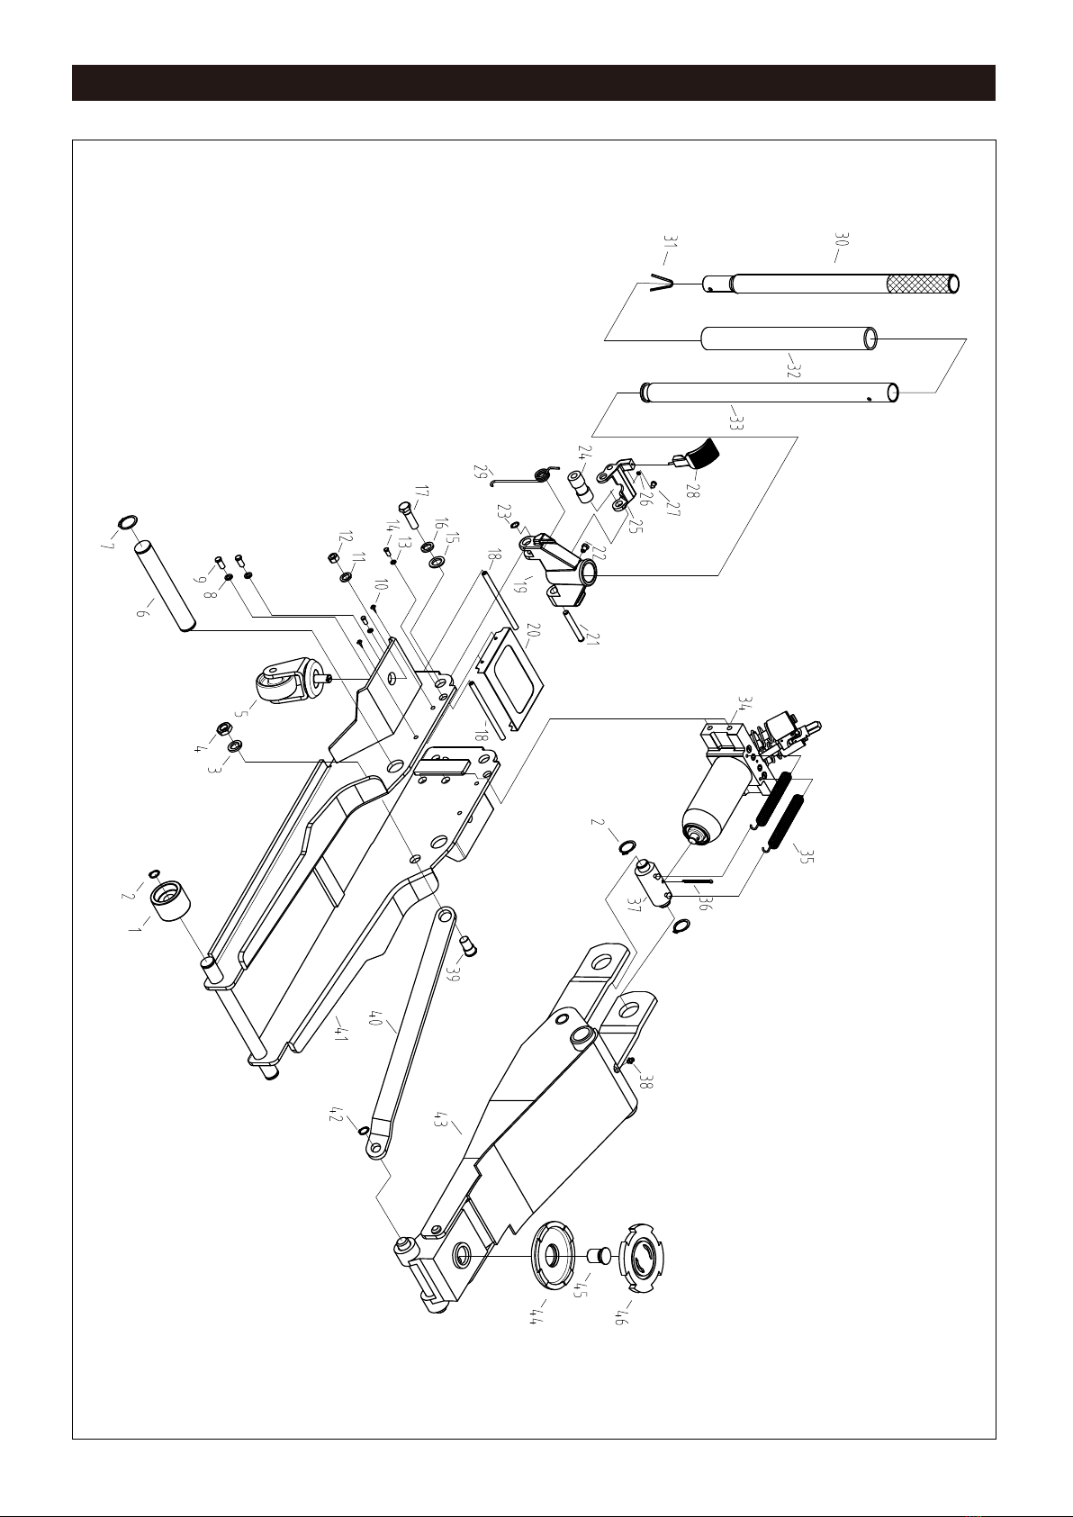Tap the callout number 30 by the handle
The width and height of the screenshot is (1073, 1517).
point(843,241)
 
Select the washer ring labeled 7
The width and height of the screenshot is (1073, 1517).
point(127,523)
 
